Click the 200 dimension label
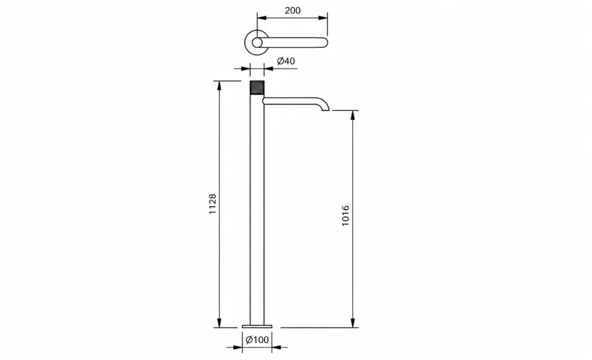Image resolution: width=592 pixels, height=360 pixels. pyautogui.click(x=292, y=10)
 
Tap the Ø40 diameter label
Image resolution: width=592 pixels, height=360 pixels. pyautogui.click(x=286, y=61)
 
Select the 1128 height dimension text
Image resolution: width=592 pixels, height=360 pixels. pyautogui.click(x=213, y=204)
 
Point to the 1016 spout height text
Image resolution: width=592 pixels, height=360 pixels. pyautogui.click(x=346, y=216)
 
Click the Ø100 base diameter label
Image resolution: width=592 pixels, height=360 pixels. pyautogui.click(x=257, y=340)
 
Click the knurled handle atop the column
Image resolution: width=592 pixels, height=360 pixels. pyautogui.click(x=257, y=89)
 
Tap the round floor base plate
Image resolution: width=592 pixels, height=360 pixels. pyautogui.click(x=257, y=326)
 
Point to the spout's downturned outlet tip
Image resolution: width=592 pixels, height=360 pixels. pyautogui.click(x=325, y=109)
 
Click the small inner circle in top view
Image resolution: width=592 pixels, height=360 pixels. pyautogui.click(x=257, y=43)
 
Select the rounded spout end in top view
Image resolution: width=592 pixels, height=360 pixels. pyautogui.click(x=324, y=42)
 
